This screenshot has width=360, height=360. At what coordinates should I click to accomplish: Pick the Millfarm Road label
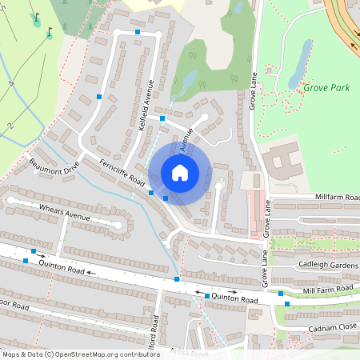coord(336,197)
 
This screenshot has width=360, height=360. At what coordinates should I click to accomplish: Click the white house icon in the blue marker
coord(180,172)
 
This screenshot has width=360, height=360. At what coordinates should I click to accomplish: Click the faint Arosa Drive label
coord(189,352)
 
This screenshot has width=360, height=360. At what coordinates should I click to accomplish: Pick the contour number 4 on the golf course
coord(12,83)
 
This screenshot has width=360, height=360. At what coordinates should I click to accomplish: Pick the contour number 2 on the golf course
coord(10,126)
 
